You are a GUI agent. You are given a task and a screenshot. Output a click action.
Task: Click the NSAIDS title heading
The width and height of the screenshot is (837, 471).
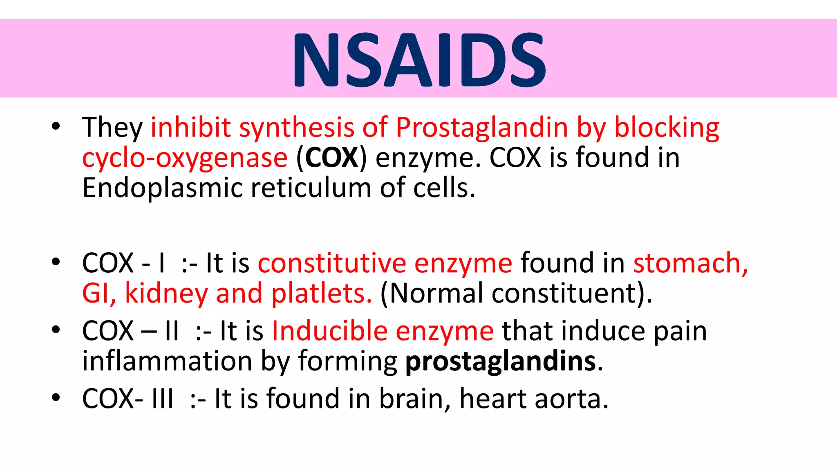point(419,60)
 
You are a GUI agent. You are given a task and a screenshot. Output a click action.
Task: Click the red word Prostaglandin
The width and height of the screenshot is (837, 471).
point(482,127)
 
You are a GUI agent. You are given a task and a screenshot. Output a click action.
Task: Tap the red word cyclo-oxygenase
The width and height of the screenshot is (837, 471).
point(185,158)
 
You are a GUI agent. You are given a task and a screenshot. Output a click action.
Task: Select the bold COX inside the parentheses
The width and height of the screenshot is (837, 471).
point(331,157)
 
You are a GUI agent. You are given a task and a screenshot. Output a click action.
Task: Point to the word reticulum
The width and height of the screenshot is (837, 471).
point(311,188)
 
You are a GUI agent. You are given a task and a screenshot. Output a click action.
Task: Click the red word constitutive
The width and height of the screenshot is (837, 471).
point(331,263)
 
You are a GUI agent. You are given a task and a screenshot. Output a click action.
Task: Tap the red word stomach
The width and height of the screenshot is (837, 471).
point(690,263)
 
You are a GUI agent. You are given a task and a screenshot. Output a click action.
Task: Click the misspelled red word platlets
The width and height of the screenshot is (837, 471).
point(321,293)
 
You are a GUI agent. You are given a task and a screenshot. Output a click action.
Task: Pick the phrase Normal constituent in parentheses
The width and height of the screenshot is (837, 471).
point(516,293)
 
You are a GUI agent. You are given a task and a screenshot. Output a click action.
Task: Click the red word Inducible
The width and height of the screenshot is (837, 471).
point(329,331)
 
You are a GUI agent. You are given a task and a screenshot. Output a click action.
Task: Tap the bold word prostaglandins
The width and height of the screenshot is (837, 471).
point(500,361)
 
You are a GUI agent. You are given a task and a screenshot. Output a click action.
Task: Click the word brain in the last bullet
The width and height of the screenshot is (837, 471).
point(412,399)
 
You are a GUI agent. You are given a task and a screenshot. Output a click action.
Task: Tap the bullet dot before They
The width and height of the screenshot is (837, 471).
point(56,126)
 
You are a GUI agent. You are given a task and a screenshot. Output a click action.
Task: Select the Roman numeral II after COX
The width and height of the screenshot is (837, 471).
point(172,331)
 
